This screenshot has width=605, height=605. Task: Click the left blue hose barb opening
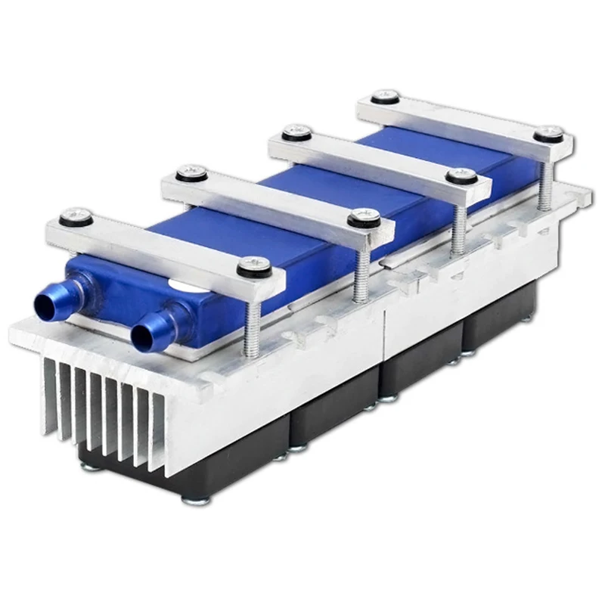pyautogui.click(x=43, y=302)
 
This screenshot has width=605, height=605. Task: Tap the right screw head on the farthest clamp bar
pyautogui.click(x=550, y=133)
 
